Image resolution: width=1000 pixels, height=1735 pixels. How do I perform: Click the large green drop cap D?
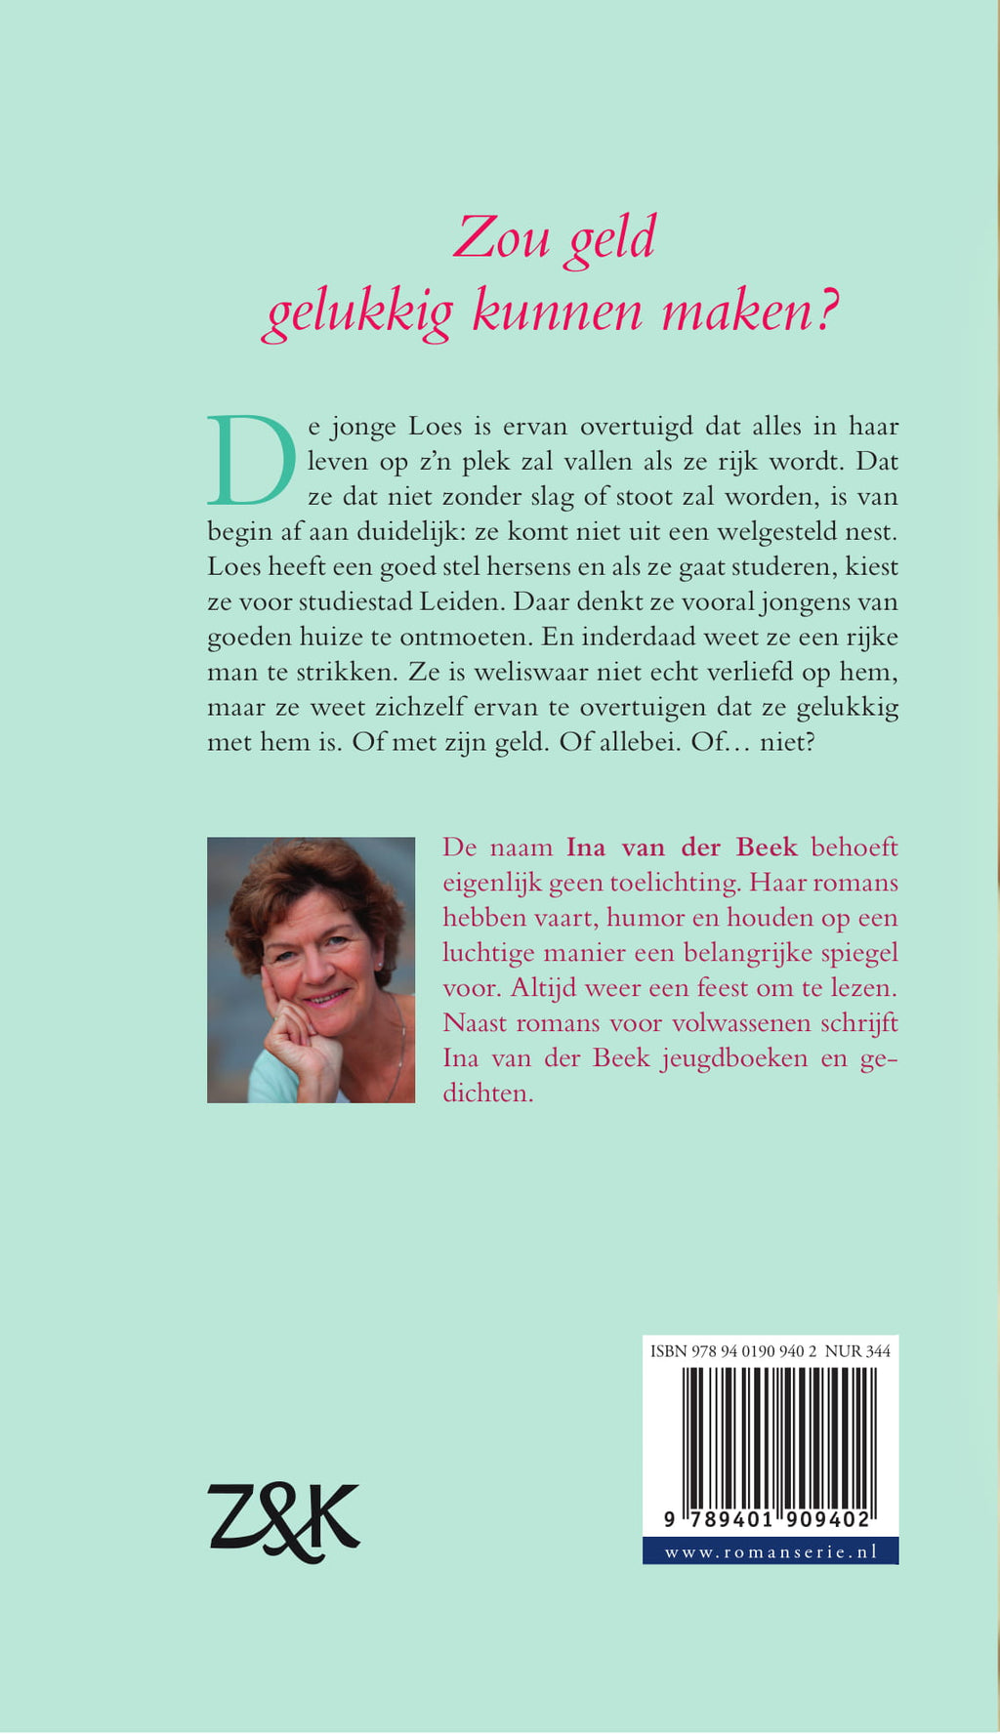pos(251,460)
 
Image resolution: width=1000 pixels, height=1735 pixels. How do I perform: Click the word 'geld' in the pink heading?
pos(611,239)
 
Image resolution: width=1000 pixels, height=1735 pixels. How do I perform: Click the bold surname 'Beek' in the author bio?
pos(764,847)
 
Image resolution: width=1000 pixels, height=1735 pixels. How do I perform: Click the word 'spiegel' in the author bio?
pos(857,953)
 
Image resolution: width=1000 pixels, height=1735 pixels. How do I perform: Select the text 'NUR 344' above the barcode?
pos(857,1352)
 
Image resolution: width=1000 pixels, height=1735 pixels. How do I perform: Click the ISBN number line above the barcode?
pos(732,1352)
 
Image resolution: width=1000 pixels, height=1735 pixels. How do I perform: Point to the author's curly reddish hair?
pos(312,874)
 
